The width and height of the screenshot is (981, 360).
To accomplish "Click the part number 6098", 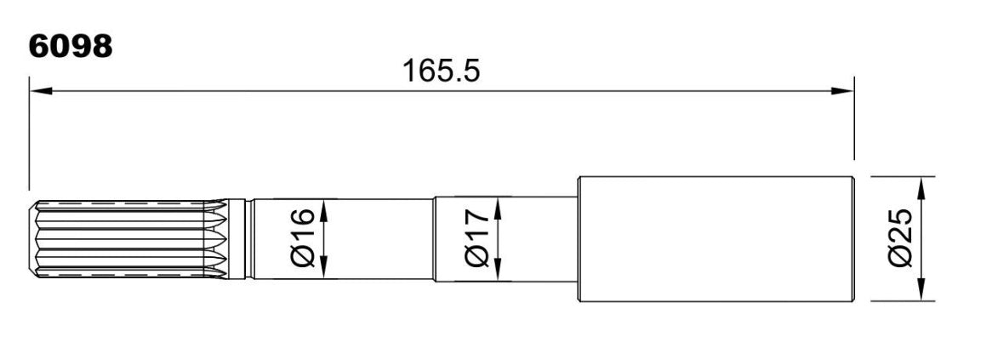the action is pos(70,46).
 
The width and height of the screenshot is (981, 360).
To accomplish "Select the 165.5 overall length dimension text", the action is pos(441,71).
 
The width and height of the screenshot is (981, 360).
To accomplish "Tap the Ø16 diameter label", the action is pos(303,238).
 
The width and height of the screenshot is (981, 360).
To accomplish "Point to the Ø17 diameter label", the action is pos(476,238).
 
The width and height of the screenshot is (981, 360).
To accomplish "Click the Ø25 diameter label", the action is pos(901,238).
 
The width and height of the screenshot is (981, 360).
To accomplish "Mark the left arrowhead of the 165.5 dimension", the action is pos(40,91).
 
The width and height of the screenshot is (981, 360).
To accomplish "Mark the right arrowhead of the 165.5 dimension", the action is pos(842,91).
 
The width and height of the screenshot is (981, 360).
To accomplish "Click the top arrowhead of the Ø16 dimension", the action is pos(323,209).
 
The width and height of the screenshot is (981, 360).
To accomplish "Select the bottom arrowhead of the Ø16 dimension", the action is pos(323,267).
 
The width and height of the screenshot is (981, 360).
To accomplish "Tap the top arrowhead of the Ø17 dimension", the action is pos(498,208).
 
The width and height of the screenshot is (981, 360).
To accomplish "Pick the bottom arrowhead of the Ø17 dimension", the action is pos(498,270).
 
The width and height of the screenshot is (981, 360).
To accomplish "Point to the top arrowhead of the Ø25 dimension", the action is pos(921,188).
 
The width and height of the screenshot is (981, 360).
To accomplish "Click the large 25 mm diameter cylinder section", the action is pos(716,239).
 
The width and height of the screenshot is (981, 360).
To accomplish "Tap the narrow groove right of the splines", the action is pos(248,239).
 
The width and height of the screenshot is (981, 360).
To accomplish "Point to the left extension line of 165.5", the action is pos(29,133).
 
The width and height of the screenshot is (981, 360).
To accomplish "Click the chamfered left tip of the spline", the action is pos(32,239).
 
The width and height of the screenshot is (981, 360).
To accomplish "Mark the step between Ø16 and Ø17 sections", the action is pos(434,239).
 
